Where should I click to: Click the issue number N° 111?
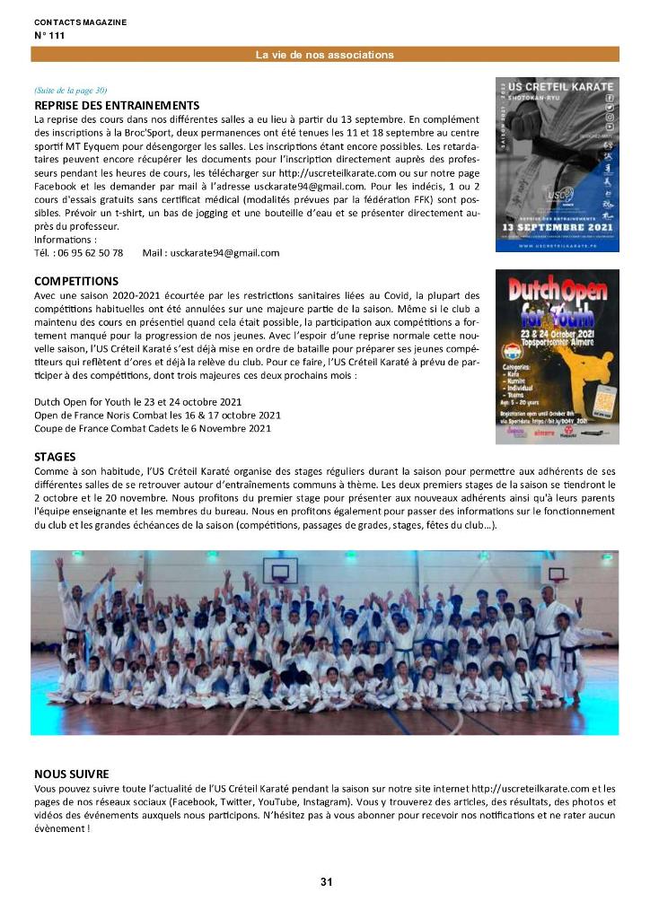[49, 36]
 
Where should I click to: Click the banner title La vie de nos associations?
[324, 55]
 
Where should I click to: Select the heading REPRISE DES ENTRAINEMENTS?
[117, 106]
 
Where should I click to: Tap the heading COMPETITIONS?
[76, 282]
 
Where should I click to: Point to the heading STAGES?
[55, 457]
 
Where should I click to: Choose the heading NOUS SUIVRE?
[72, 773]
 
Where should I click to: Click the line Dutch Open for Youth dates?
[137, 401]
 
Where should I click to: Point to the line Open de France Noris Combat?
[157, 415]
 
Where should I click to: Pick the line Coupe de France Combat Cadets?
[153, 428]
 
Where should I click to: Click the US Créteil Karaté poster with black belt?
[557, 163]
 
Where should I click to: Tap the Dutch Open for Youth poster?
[557, 356]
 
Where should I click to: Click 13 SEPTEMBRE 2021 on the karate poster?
[557, 228]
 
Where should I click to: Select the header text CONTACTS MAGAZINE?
[80, 22]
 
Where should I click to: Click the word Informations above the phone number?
[64, 240]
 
